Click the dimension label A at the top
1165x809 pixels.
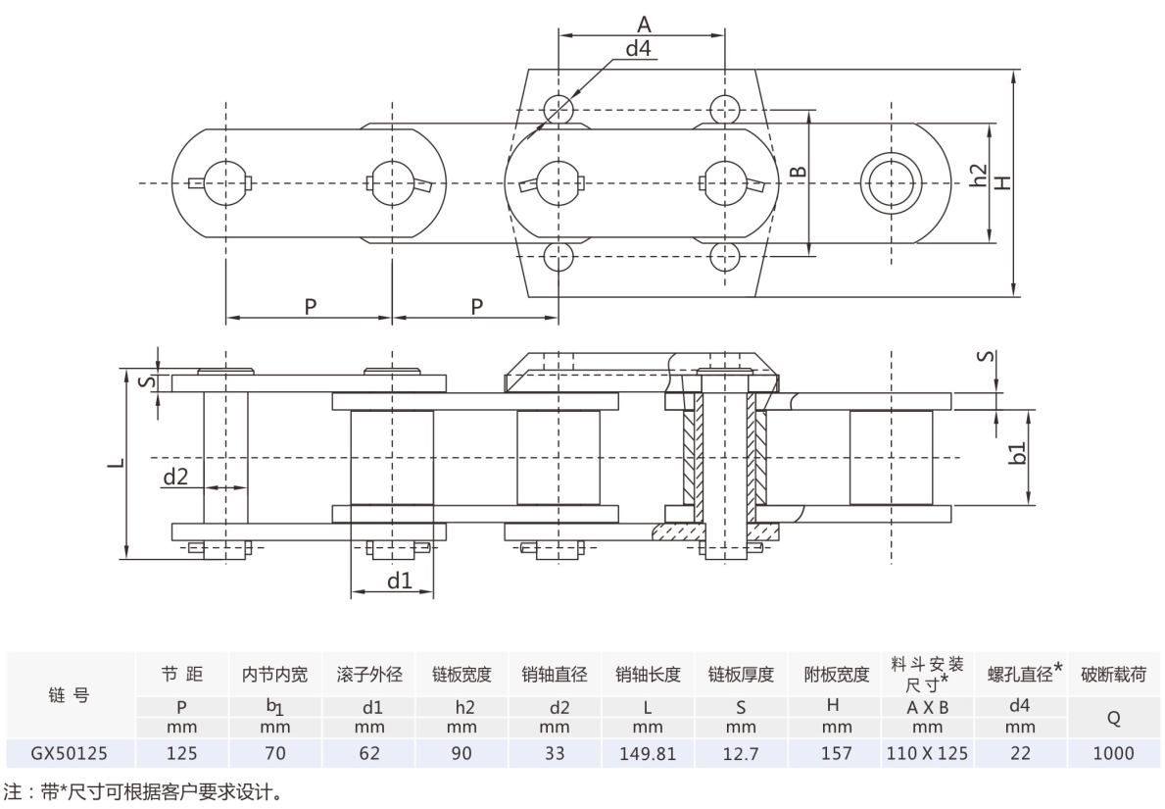pos(644,25)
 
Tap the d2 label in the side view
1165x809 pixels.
pos(175,478)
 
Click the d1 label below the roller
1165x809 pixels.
pos(399,581)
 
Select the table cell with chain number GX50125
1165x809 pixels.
pos(69,753)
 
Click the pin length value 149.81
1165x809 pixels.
pos(648,753)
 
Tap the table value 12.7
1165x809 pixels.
pos(741,753)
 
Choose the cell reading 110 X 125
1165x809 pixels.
pos(927,753)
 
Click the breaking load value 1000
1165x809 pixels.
pos(1112,753)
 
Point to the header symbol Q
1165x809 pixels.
pos(1112,718)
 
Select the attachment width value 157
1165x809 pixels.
pos(836,753)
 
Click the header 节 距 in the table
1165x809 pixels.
pos(182,674)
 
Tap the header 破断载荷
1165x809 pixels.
pos(1112,674)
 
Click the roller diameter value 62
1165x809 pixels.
pos(369,753)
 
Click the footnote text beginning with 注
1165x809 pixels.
pos(143,789)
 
